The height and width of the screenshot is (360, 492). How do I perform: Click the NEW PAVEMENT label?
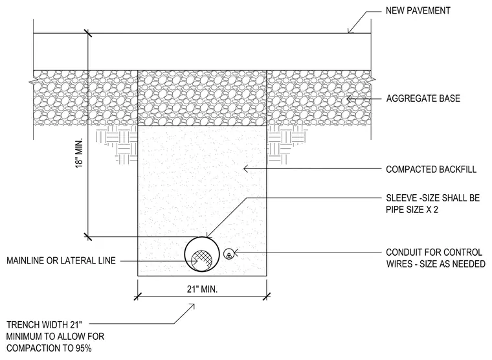tap(418, 10)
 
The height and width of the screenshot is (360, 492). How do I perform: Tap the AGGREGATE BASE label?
tap(423, 98)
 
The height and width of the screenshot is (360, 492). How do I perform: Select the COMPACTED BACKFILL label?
tap(431, 170)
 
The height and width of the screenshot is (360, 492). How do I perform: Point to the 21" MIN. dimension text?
tap(203, 289)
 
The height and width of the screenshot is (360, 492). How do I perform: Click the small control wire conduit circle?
tap(229, 254)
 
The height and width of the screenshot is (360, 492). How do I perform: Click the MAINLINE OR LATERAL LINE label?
tap(61, 260)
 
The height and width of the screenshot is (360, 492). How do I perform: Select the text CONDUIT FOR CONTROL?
tap(434, 253)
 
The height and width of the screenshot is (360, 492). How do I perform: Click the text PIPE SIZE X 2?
tap(412, 209)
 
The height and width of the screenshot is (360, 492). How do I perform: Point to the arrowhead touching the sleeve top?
tap(208, 234)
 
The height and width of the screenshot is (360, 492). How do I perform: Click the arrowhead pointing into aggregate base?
tap(349, 99)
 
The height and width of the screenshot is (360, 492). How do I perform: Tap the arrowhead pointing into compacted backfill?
tap(247, 169)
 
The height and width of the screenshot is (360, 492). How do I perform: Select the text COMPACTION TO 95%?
tap(49, 348)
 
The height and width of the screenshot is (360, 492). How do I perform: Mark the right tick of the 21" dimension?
tap(267, 296)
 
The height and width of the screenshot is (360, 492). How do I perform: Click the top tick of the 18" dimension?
tap(88, 33)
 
